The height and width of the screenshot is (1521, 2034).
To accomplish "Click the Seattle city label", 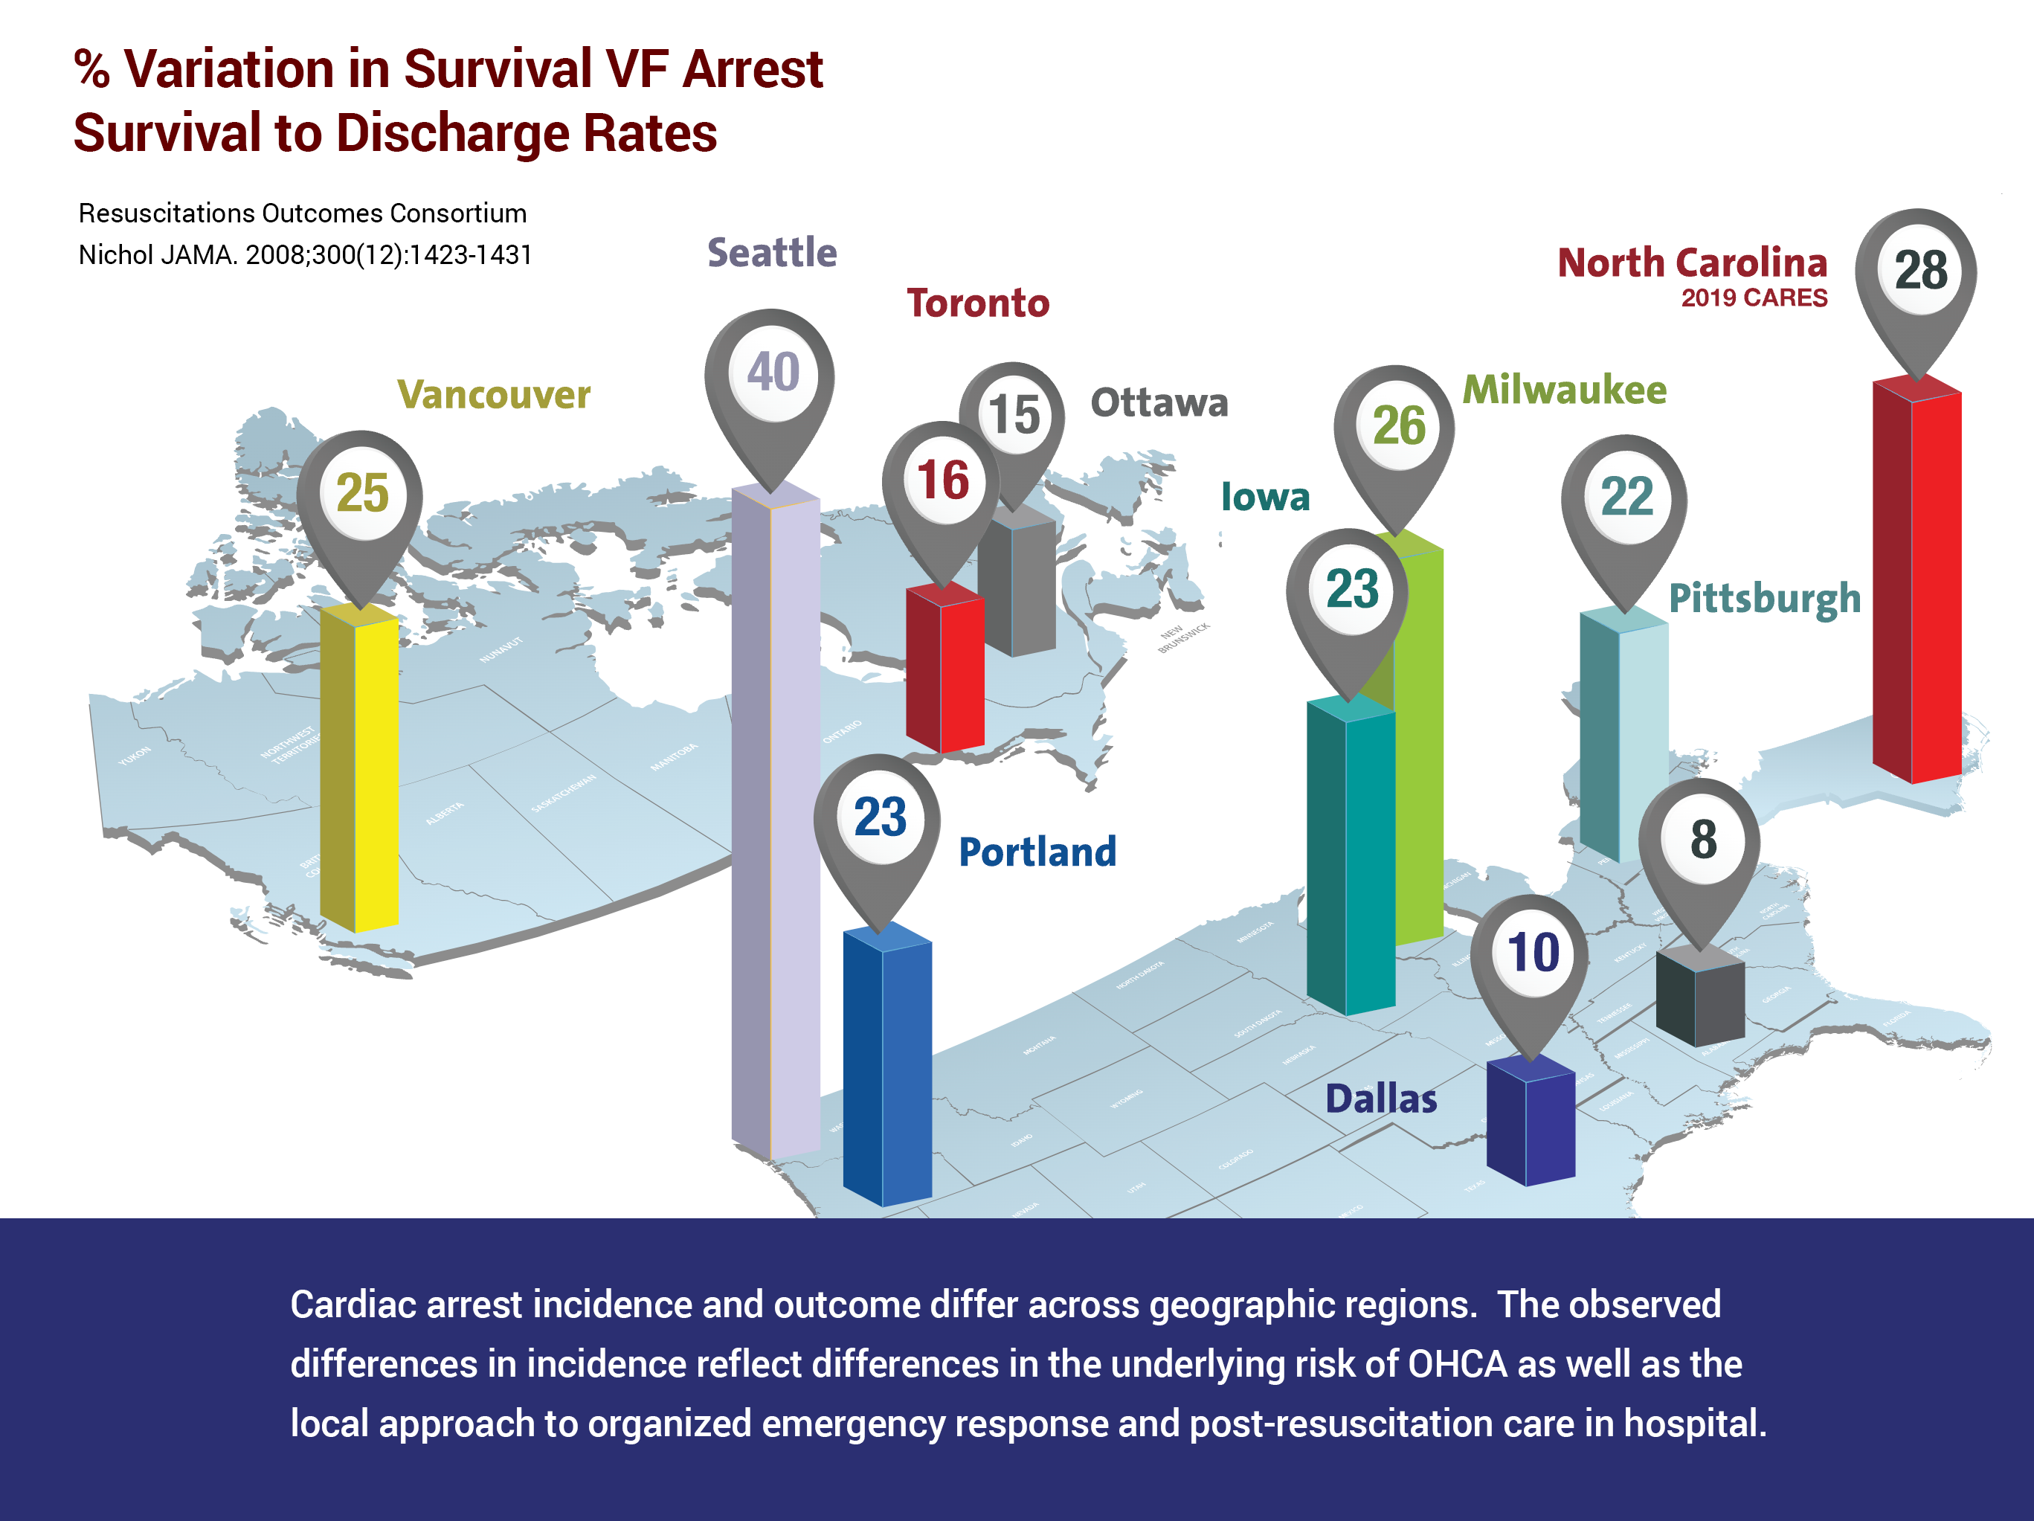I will pos(771,253).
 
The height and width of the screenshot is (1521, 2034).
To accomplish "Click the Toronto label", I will pos(977,303).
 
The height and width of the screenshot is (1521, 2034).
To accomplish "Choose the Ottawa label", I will pos(1159,403).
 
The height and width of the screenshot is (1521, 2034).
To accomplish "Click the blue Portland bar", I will pos(887,1067).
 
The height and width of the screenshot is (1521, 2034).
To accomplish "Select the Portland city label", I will pos(1037,852).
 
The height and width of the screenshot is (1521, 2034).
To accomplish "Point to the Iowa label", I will pos(1264,498).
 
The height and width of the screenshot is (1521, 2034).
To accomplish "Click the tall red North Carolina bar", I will pos(1916,579).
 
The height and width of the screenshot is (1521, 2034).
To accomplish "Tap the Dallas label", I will pos(1380,1099).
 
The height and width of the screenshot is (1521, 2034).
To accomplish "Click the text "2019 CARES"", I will pos(1754,298).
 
